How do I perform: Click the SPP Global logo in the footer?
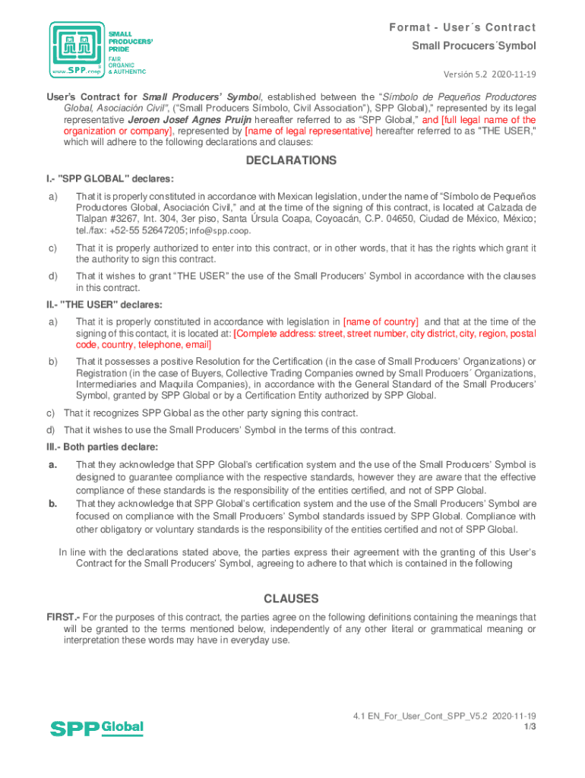coord(96,728)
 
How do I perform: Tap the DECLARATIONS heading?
coord(291,160)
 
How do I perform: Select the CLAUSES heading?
coord(291,599)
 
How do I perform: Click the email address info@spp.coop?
coord(220,230)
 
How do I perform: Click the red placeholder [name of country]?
coord(381,322)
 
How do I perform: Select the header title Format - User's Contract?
coord(463,28)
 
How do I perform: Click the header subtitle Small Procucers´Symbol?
coord(473,46)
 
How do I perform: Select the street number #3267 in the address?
coord(133,219)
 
